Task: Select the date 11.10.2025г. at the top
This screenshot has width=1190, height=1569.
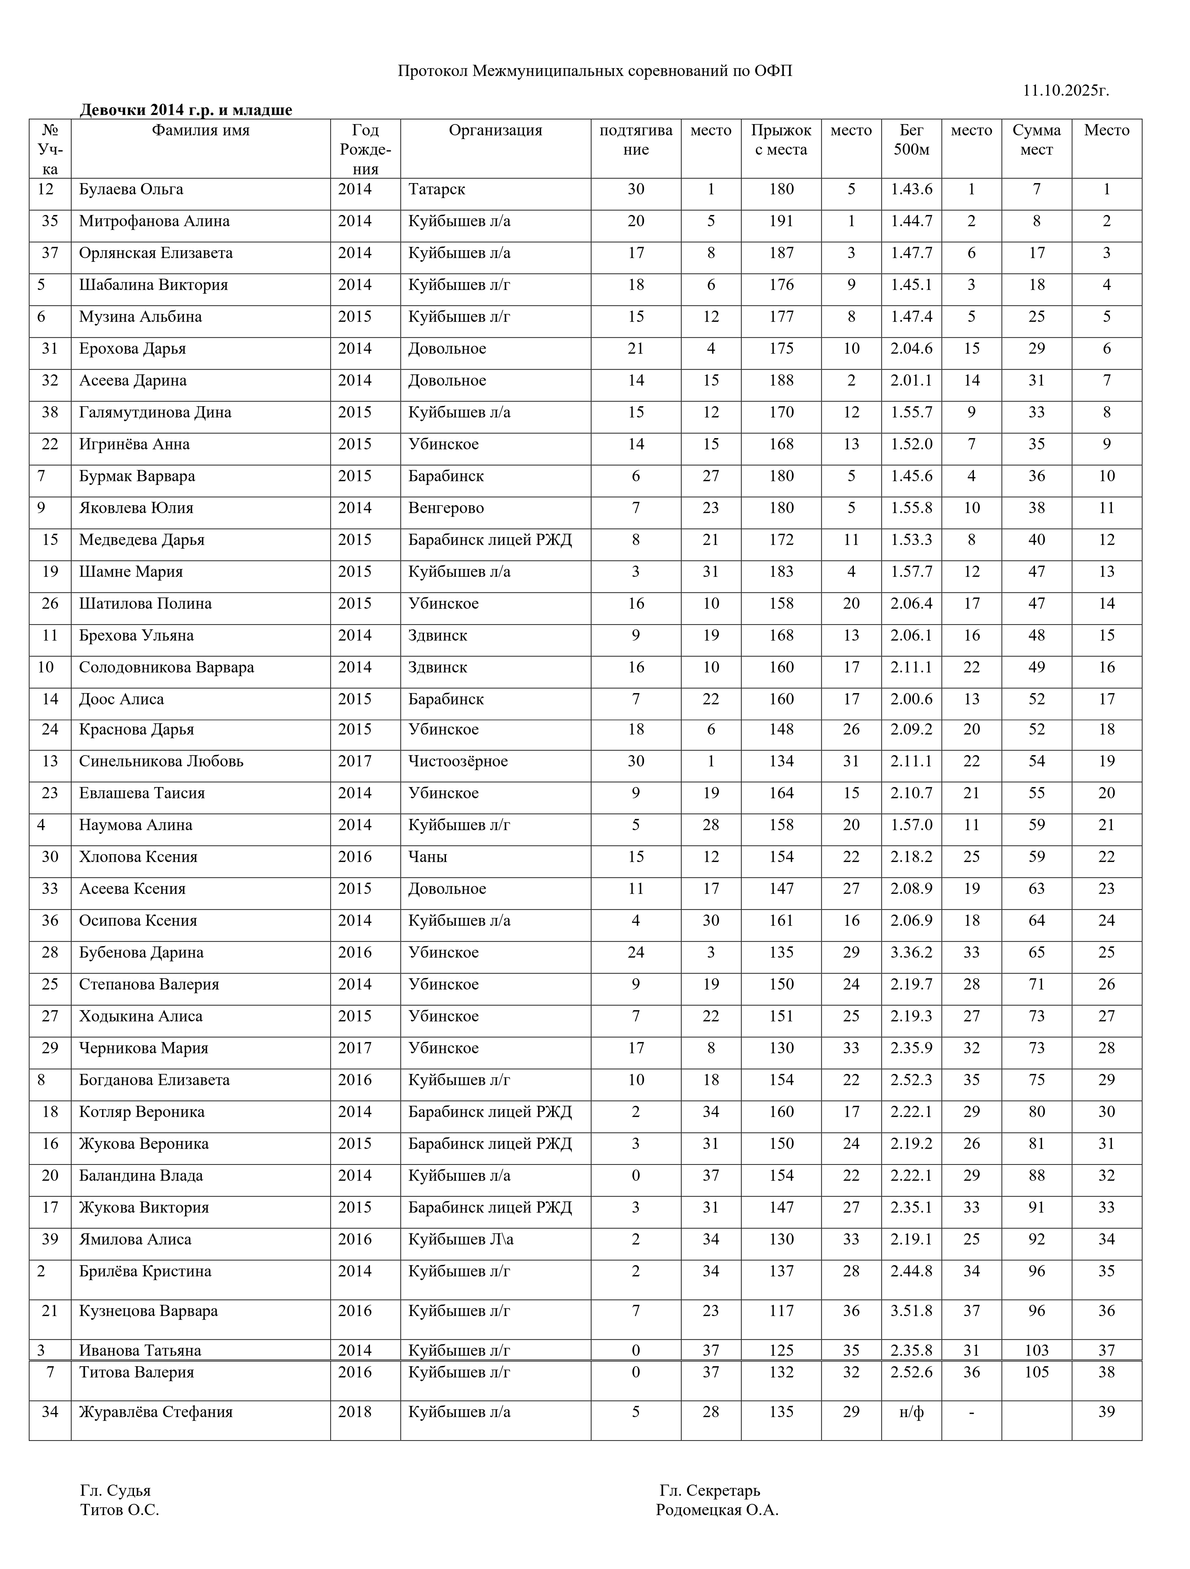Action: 1065,91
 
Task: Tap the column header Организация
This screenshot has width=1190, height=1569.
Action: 495,131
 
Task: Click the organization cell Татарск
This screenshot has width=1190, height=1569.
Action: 437,190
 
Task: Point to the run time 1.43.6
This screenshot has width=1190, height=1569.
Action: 911,190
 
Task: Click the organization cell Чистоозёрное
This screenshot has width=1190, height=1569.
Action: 458,761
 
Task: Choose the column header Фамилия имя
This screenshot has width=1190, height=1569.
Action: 201,131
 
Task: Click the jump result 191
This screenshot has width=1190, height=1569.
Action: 781,221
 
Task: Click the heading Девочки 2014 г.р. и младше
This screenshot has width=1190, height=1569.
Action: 186,110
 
